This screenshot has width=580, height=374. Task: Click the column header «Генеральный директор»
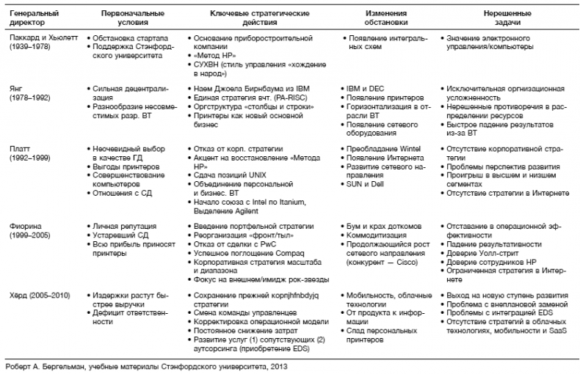click(x=33, y=18)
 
